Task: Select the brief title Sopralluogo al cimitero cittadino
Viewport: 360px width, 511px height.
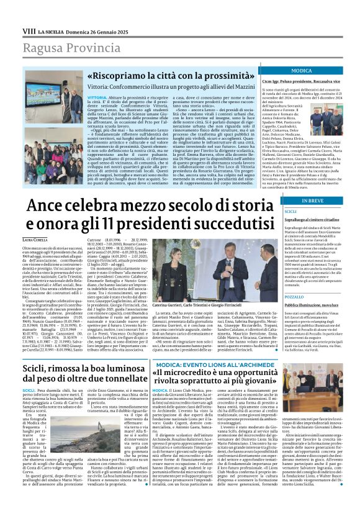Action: pyautogui.click(x=312, y=220)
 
